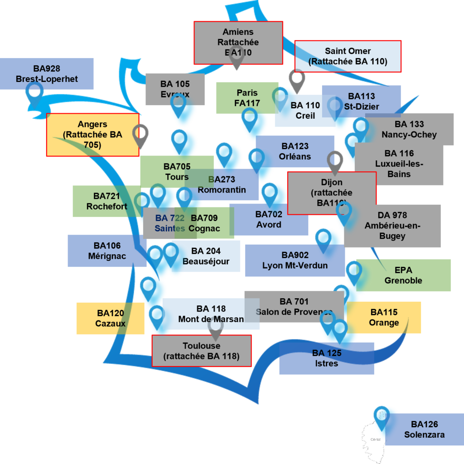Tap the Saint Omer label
(348, 56)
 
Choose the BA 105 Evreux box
(175, 89)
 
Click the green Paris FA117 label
(247, 97)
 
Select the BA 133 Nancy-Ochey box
(409, 129)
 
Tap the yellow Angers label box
(92, 135)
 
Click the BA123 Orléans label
(295, 151)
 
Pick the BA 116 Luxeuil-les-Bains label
(399, 164)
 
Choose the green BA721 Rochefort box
(106, 201)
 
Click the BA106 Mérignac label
(107, 251)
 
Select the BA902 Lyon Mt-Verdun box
(295, 260)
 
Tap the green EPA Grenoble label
(403, 275)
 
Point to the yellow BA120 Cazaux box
(110, 318)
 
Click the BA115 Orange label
(384, 317)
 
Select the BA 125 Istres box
(327, 358)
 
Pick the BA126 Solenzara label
(424, 429)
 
